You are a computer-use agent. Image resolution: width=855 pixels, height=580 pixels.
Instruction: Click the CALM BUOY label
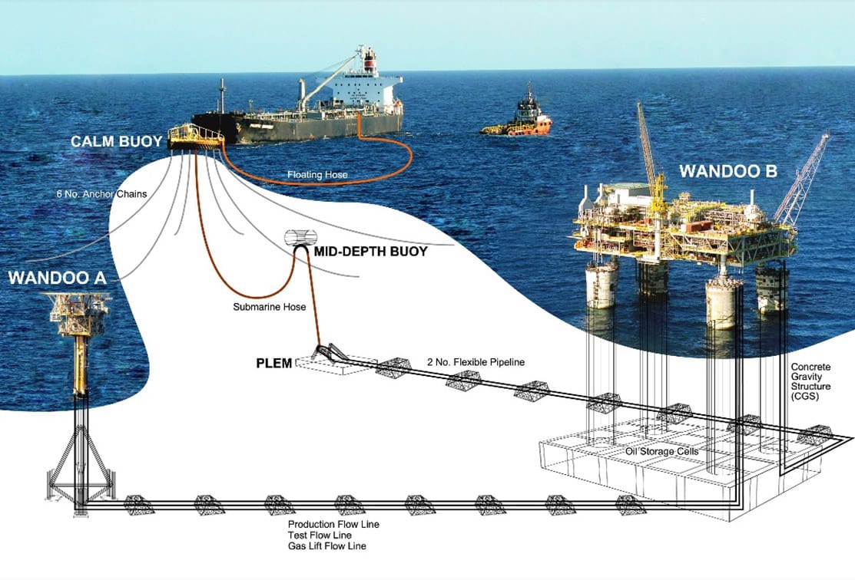click(x=116, y=142)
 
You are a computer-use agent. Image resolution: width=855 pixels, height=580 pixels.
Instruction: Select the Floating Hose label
click(x=317, y=175)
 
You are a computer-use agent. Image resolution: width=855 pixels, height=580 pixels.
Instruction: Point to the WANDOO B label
click(x=728, y=172)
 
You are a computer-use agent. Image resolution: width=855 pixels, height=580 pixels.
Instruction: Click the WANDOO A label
click(x=58, y=278)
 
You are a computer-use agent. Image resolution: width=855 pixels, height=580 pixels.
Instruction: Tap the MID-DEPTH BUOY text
click(x=371, y=251)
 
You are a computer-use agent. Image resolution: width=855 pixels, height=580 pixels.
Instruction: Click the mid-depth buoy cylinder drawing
click(x=301, y=237)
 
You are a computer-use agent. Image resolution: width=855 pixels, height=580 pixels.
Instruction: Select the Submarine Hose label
click(x=270, y=307)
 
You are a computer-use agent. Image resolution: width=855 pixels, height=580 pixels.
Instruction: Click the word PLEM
click(x=274, y=363)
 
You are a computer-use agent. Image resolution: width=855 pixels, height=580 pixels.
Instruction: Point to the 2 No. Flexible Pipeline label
click(x=476, y=362)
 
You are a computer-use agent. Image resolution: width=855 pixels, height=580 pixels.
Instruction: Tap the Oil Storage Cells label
click(x=661, y=451)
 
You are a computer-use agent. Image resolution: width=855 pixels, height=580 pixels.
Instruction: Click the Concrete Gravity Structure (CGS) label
click(x=811, y=382)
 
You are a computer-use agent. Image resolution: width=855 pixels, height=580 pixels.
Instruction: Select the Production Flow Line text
click(x=333, y=525)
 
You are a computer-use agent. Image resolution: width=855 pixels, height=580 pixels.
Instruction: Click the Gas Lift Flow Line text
click(x=327, y=545)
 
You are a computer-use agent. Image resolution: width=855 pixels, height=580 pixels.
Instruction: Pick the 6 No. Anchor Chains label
click(x=102, y=193)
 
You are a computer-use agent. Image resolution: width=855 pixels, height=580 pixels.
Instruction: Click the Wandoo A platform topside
click(x=80, y=315)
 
